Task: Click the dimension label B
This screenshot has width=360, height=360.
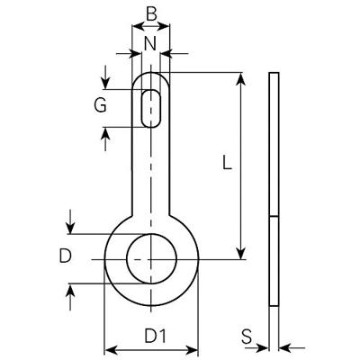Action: point(151,15)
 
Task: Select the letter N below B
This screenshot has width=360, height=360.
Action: point(151,42)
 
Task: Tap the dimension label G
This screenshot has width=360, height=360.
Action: point(101,104)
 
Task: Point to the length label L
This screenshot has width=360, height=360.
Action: point(227,164)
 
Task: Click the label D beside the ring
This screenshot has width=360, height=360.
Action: point(65,256)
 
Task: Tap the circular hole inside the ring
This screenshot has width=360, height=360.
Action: point(151,257)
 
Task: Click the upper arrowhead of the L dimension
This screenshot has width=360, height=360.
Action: point(240,78)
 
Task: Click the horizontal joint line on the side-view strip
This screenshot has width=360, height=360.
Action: point(274,217)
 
